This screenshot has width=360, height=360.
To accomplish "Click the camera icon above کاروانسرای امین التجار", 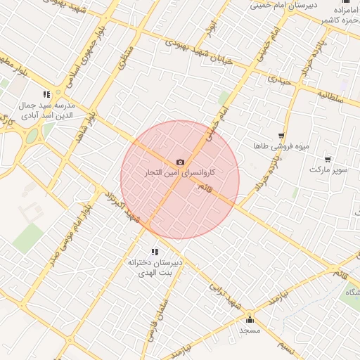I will [x=180, y=162].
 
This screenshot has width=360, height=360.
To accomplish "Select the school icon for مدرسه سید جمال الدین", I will [x=46, y=94].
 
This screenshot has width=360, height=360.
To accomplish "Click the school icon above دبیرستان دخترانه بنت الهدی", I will [x=155, y=252].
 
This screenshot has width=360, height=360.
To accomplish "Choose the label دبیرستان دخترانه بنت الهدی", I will [x=155, y=266].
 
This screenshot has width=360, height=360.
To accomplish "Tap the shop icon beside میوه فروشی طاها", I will [x=281, y=136].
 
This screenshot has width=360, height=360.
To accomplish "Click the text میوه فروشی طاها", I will [x=283, y=146].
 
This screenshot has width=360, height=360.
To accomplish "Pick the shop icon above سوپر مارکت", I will [x=328, y=160].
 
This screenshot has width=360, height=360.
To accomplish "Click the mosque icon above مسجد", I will [x=250, y=320].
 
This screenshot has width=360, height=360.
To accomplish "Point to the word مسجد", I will [x=250, y=330].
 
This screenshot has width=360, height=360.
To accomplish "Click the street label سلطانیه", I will [x=328, y=95].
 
